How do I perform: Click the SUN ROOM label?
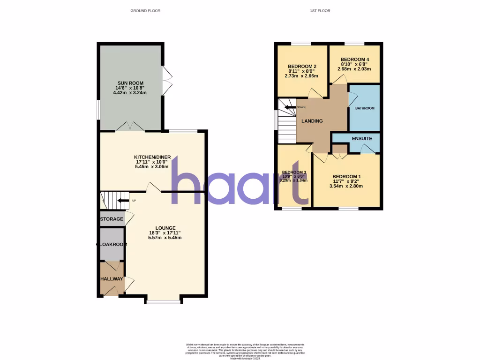tap(130, 83)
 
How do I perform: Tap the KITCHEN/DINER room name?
tap(152, 157)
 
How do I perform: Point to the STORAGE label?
tap(112, 219)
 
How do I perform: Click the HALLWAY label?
tap(112, 279)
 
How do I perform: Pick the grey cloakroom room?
tap(112, 244)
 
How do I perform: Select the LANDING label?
tap(312, 121)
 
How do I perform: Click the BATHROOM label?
tap(365, 108)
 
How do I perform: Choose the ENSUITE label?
tap(361, 138)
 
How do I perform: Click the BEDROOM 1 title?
tap(346, 176)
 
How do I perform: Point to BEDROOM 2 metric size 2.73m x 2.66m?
tap(301, 76)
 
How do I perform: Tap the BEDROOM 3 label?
tap(294, 172)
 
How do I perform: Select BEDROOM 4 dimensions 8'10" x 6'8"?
tap(354, 64)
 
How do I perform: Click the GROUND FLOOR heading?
tap(145, 10)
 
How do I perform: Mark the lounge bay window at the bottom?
tap(163, 302)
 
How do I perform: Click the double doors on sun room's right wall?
tap(165, 79)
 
